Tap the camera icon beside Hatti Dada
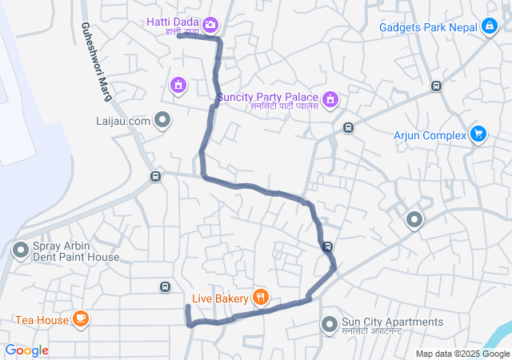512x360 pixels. click(x=210, y=25)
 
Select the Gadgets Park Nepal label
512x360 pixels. click(x=428, y=26)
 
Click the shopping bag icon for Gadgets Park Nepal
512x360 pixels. click(x=489, y=26)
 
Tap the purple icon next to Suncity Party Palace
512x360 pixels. click(x=331, y=100)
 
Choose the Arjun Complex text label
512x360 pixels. click(x=430, y=135)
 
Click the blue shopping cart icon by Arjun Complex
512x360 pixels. click(x=478, y=134)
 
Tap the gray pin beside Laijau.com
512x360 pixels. click(x=163, y=121)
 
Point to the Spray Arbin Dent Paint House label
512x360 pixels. click(x=76, y=251)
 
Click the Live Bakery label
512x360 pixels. click(x=221, y=298)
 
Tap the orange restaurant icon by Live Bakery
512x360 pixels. click(x=260, y=298)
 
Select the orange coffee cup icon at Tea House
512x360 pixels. click(x=80, y=320)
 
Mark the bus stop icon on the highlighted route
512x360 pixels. click(x=327, y=246)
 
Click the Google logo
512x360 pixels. click(x=26, y=350)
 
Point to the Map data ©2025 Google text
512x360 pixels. click(x=462, y=354)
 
